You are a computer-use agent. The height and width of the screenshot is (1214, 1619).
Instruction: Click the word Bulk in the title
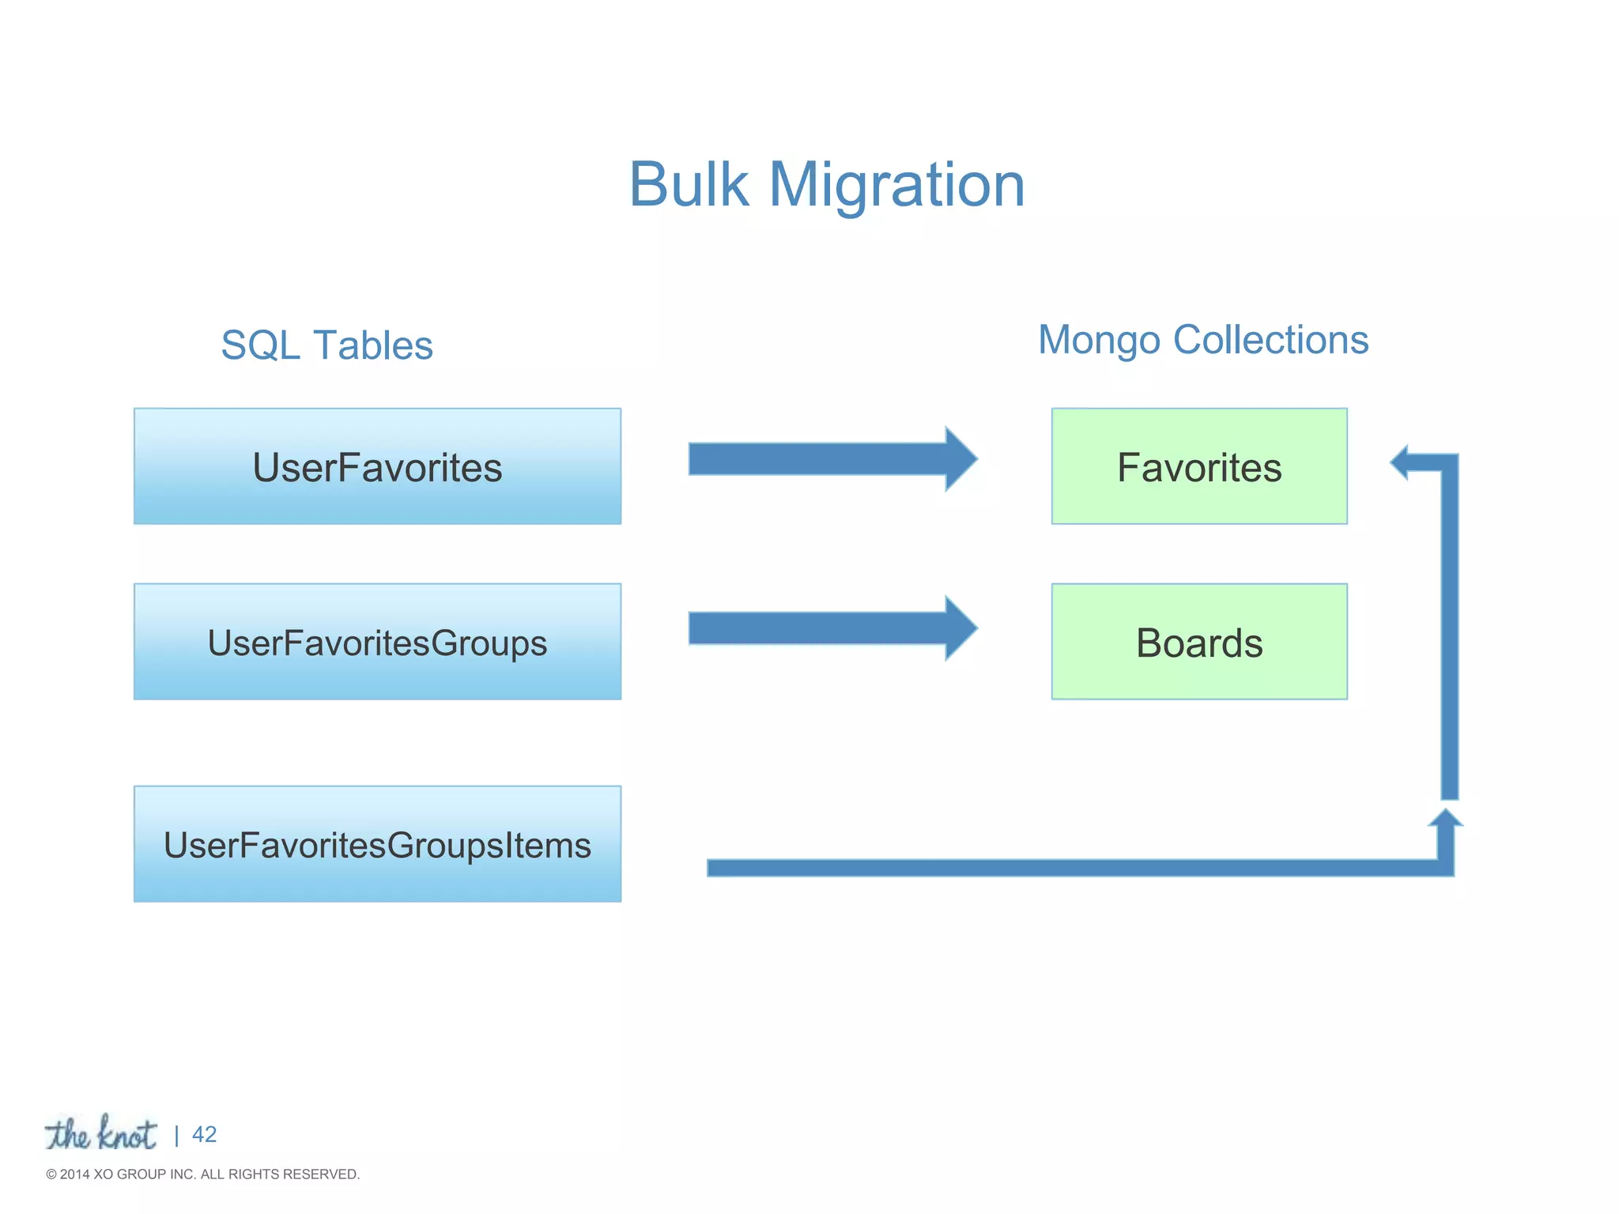click(688, 185)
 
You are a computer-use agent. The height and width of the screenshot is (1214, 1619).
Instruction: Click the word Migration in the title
click(896, 185)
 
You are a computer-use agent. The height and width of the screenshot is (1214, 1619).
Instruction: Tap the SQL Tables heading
click(326, 345)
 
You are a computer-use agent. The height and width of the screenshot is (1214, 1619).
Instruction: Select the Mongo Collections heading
click(1202, 340)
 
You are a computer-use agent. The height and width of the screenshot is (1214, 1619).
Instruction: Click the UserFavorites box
click(377, 466)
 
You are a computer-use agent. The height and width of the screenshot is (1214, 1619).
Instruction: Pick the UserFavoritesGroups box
click(377, 642)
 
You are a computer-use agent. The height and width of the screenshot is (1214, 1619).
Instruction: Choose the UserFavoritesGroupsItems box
click(377, 844)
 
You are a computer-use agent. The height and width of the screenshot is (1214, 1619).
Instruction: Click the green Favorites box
click(1198, 466)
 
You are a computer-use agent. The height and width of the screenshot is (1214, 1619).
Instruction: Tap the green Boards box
click(1198, 642)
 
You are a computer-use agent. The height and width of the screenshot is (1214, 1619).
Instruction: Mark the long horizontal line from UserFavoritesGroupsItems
click(1067, 868)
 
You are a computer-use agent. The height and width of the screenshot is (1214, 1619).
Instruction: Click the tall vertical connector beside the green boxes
click(1449, 632)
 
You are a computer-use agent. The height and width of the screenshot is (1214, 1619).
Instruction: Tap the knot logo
click(100, 1134)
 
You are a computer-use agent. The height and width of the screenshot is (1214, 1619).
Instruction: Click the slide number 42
click(204, 1134)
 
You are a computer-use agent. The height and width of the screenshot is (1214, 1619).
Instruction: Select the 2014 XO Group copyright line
click(202, 1174)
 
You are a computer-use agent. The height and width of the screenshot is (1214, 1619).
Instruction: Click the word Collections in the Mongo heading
click(1270, 340)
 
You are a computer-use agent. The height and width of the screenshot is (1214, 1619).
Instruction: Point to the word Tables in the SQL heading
click(373, 345)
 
